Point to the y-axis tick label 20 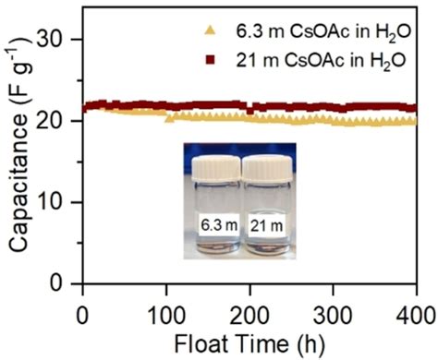coord(60,121)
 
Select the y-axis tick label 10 coord(60,202)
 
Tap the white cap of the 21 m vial coord(267,167)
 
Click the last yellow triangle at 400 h coord(415,121)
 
